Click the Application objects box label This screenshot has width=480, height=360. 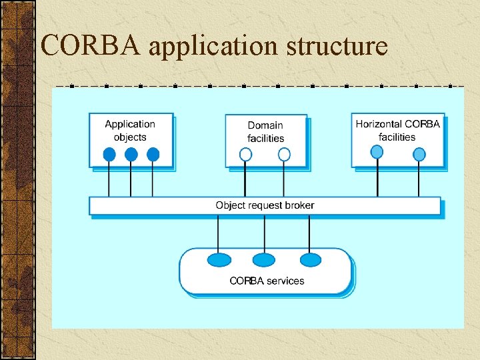coord(130,130)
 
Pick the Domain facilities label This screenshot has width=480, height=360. coord(265,131)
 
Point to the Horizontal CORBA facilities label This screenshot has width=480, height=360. coord(397,130)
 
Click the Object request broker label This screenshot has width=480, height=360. coord(265,205)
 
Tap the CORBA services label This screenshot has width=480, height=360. coord(267,281)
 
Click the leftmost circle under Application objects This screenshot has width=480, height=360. coord(109,155)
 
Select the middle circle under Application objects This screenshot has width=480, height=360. coord(131,155)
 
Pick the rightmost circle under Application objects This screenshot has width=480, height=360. coord(153,155)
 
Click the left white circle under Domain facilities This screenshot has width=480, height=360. coord(245,155)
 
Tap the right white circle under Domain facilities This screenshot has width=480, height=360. coord(284,155)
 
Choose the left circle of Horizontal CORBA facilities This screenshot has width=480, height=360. coord(377,152)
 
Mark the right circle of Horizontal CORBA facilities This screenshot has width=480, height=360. coord(419,155)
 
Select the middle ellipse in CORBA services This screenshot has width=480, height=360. coord(264,259)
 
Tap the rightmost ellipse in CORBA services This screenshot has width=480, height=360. coord(310,259)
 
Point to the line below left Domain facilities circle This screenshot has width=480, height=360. coord(245,179)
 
